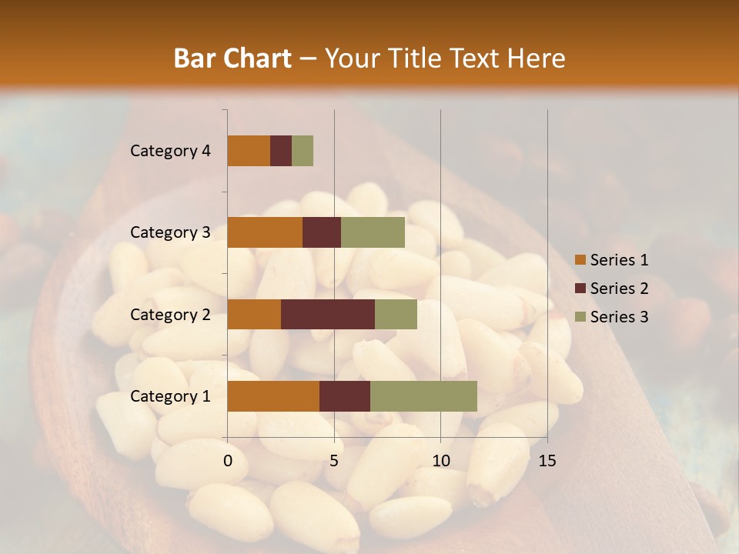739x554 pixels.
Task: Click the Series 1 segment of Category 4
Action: pos(249,151)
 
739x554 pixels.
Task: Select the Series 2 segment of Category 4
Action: pos(281,151)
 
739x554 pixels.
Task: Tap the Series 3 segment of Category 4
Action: pos(303,151)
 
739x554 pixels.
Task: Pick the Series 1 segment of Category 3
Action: pos(265,232)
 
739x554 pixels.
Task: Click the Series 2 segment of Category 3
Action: pos(322,232)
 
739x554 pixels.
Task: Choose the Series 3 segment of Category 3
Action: pos(373,232)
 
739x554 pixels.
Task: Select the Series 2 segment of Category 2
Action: pos(328,314)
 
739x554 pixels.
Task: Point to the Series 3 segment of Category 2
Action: pos(396,314)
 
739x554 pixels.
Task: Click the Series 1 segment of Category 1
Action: pos(273,396)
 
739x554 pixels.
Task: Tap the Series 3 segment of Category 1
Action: pos(423,396)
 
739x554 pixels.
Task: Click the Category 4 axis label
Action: pos(170,151)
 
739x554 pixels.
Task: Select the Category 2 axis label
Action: pos(170,314)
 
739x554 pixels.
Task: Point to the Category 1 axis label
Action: pos(170,396)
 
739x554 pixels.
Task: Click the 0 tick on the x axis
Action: pos(228,461)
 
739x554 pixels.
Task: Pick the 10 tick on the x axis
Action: pos(440,461)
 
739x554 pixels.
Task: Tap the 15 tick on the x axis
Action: pos(547,461)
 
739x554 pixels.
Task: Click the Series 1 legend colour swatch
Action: pos(580,260)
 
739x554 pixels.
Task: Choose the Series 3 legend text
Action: pos(619,317)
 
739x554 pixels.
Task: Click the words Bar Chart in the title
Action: pos(232,58)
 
